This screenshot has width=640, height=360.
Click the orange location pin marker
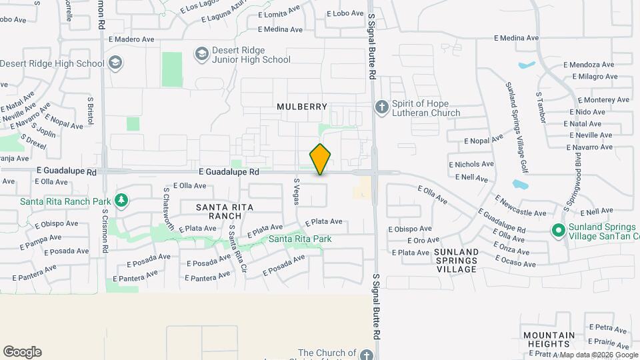point(321,159)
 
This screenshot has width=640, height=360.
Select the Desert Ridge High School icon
point(115,63)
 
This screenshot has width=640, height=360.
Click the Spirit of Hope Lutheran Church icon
point(381,107)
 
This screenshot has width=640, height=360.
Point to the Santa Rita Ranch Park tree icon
point(121,200)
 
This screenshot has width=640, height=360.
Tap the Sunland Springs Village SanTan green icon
point(559,231)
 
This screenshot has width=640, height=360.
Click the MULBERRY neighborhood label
point(302,107)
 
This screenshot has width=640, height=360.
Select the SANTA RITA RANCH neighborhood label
point(225,211)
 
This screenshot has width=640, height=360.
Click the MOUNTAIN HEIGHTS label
point(549,339)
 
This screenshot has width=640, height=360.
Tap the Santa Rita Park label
point(300,239)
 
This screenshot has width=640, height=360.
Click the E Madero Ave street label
point(131,39)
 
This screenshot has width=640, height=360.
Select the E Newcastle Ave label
point(521,206)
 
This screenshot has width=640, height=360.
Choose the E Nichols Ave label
point(471,164)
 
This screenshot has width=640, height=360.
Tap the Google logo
point(22,352)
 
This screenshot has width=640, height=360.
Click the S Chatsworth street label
point(169,209)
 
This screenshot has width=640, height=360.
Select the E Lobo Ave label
point(345,13)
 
